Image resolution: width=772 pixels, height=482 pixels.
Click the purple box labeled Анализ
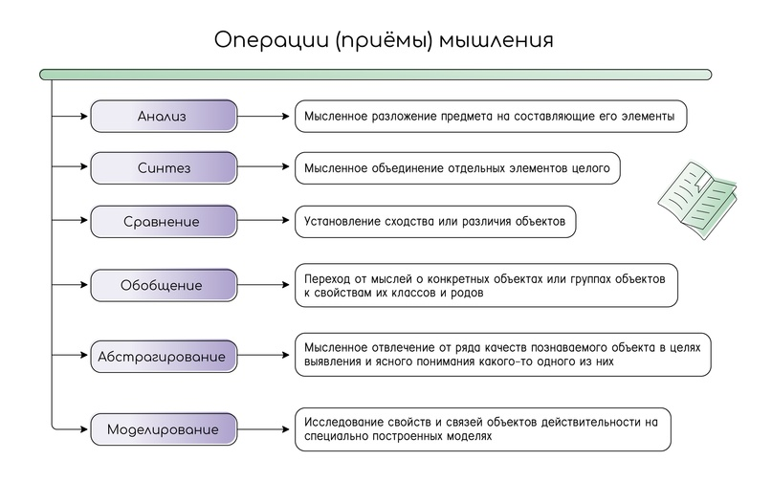(x=164, y=116)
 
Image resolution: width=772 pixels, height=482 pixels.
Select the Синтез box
(x=164, y=168)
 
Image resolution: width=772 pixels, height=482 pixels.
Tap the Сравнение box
(x=164, y=221)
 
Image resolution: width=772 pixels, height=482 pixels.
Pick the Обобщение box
(x=164, y=285)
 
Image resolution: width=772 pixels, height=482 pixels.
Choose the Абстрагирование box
(x=164, y=356)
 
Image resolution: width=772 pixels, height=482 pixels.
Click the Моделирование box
(x=164, y=429)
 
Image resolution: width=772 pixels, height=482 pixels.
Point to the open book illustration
(x=697, y=199)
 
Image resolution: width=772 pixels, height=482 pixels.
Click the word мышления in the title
(x=496, y=40)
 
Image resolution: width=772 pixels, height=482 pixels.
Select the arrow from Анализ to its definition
(x=263, y=116)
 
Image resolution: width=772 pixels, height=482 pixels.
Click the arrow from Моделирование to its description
(x=263, y=429)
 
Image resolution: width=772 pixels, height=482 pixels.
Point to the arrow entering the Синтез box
(x=70, y=166)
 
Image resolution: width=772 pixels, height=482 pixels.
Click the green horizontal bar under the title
(x=376, y=75)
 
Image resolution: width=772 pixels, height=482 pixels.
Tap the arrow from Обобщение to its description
(x=263, y=285)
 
